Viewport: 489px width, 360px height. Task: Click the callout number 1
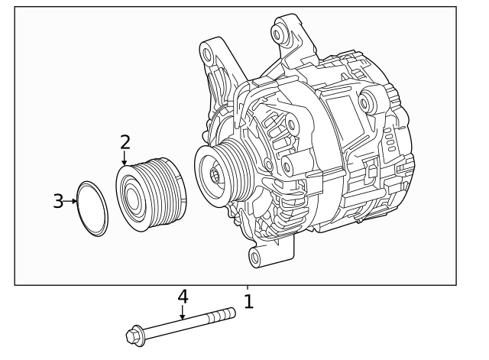tap(248, 301)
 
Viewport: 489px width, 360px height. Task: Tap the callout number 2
tap(125, 141)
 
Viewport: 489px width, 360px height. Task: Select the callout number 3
tap(59, 201)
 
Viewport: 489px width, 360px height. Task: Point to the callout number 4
tap(183, 296)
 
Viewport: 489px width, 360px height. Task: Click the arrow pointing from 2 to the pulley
tap(125, 159)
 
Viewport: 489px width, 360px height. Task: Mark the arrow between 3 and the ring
tap(73, 202)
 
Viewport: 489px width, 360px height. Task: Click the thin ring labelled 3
tap(93, 209)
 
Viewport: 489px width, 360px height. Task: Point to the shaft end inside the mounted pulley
tap(215, 175)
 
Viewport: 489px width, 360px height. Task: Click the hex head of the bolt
tap(134, 334)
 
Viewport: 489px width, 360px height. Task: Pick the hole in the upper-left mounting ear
tap(207, 54)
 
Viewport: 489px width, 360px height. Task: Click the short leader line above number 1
tap(248, 288)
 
